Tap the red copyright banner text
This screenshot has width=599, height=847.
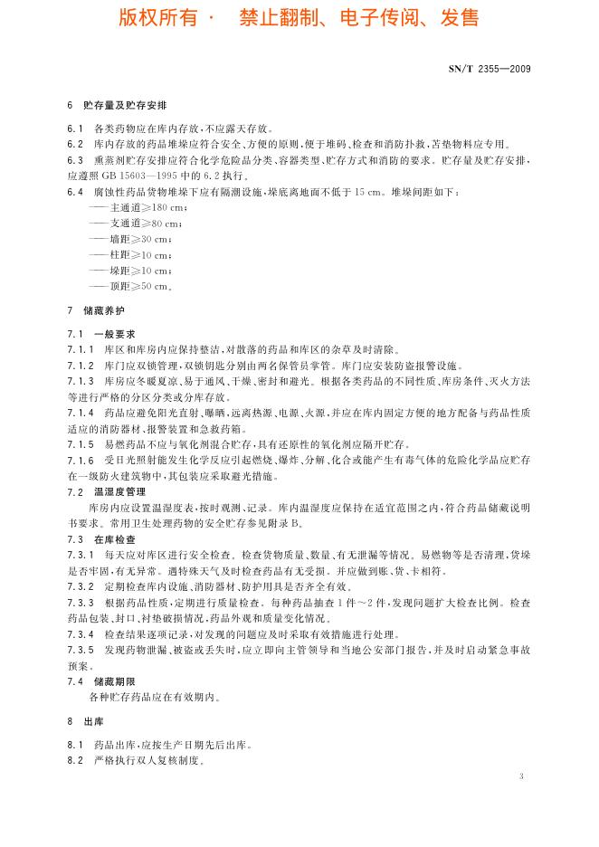point(299,18)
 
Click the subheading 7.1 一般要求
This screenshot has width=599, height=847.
point(101,333)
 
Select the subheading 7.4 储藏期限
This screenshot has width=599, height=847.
point(101,680)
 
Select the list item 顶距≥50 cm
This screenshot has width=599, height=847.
point(133,287)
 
